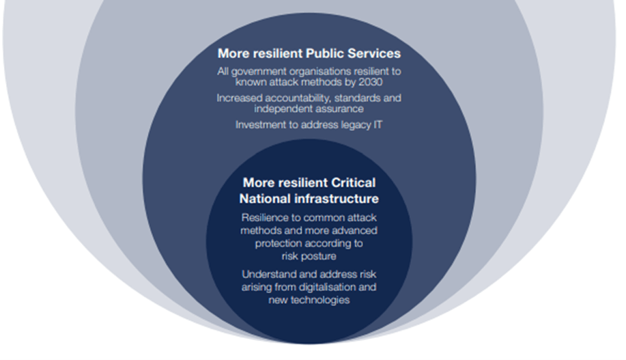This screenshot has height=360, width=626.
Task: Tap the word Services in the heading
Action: click(x=375, y=53)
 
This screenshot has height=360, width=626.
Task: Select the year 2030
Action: click(x=369, y=82)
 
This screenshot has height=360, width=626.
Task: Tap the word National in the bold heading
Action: click(x=266, y=199)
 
